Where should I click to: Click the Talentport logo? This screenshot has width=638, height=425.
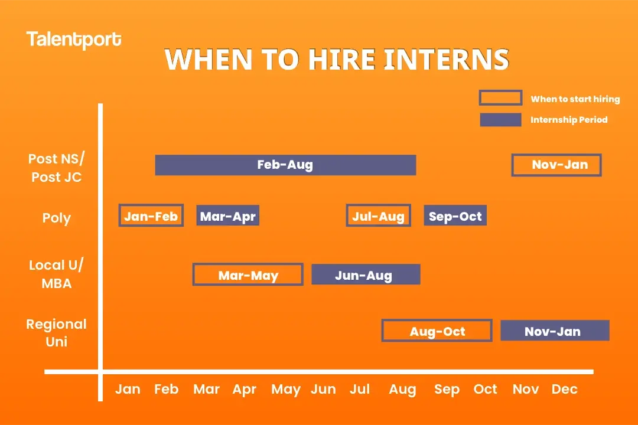(74, 40)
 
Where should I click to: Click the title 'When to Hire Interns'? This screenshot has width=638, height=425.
(336, 60)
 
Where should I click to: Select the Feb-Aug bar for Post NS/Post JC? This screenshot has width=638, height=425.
(285, 165)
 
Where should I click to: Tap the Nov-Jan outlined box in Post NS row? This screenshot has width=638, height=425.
(556, 165)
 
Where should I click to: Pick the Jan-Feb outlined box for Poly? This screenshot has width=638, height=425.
(151, 216)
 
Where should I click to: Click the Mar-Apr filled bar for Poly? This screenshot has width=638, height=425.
(228, 216)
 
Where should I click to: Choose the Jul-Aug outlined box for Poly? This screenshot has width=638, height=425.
(378, 216)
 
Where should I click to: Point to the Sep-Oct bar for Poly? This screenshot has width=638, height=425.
(455, 216)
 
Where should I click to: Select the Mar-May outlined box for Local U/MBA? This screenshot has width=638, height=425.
(248, 275)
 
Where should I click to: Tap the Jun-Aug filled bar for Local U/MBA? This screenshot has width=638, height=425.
(366, 275)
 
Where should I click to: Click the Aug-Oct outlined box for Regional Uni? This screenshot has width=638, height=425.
(437, 331)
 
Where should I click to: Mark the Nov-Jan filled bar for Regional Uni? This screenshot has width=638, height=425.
(554, 331)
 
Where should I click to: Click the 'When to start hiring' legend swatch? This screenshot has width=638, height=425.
(500, 98)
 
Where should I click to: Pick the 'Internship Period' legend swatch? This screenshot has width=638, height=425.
(500, 120)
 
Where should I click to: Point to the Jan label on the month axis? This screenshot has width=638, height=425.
(128, 390)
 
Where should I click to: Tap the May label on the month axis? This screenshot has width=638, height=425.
(286, 390)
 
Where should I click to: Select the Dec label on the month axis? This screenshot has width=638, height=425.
(564, 390)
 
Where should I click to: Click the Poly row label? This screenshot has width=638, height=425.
(57, 218)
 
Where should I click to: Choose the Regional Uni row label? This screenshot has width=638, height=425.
(57, 333)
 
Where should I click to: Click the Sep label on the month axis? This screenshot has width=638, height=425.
(447, 390)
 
